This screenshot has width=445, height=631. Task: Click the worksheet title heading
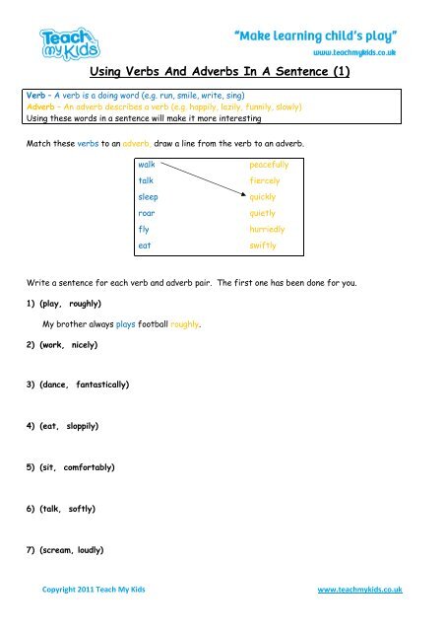pyautogui.click(x=222, y=71)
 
